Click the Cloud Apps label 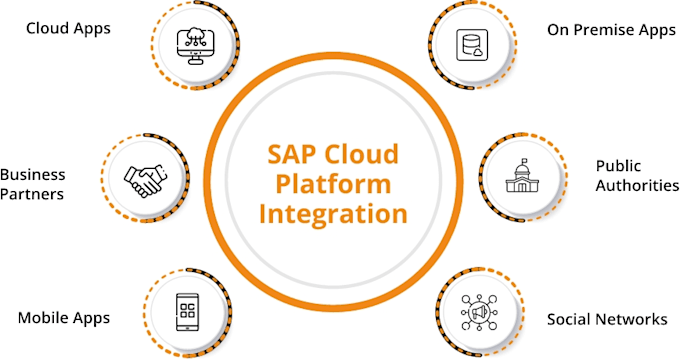pos(68,28)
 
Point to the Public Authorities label pos(632,175)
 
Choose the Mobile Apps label pos(64,319)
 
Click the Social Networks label pos(606,320)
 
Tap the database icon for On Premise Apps pos(470,43)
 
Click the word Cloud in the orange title pos(361,156)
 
